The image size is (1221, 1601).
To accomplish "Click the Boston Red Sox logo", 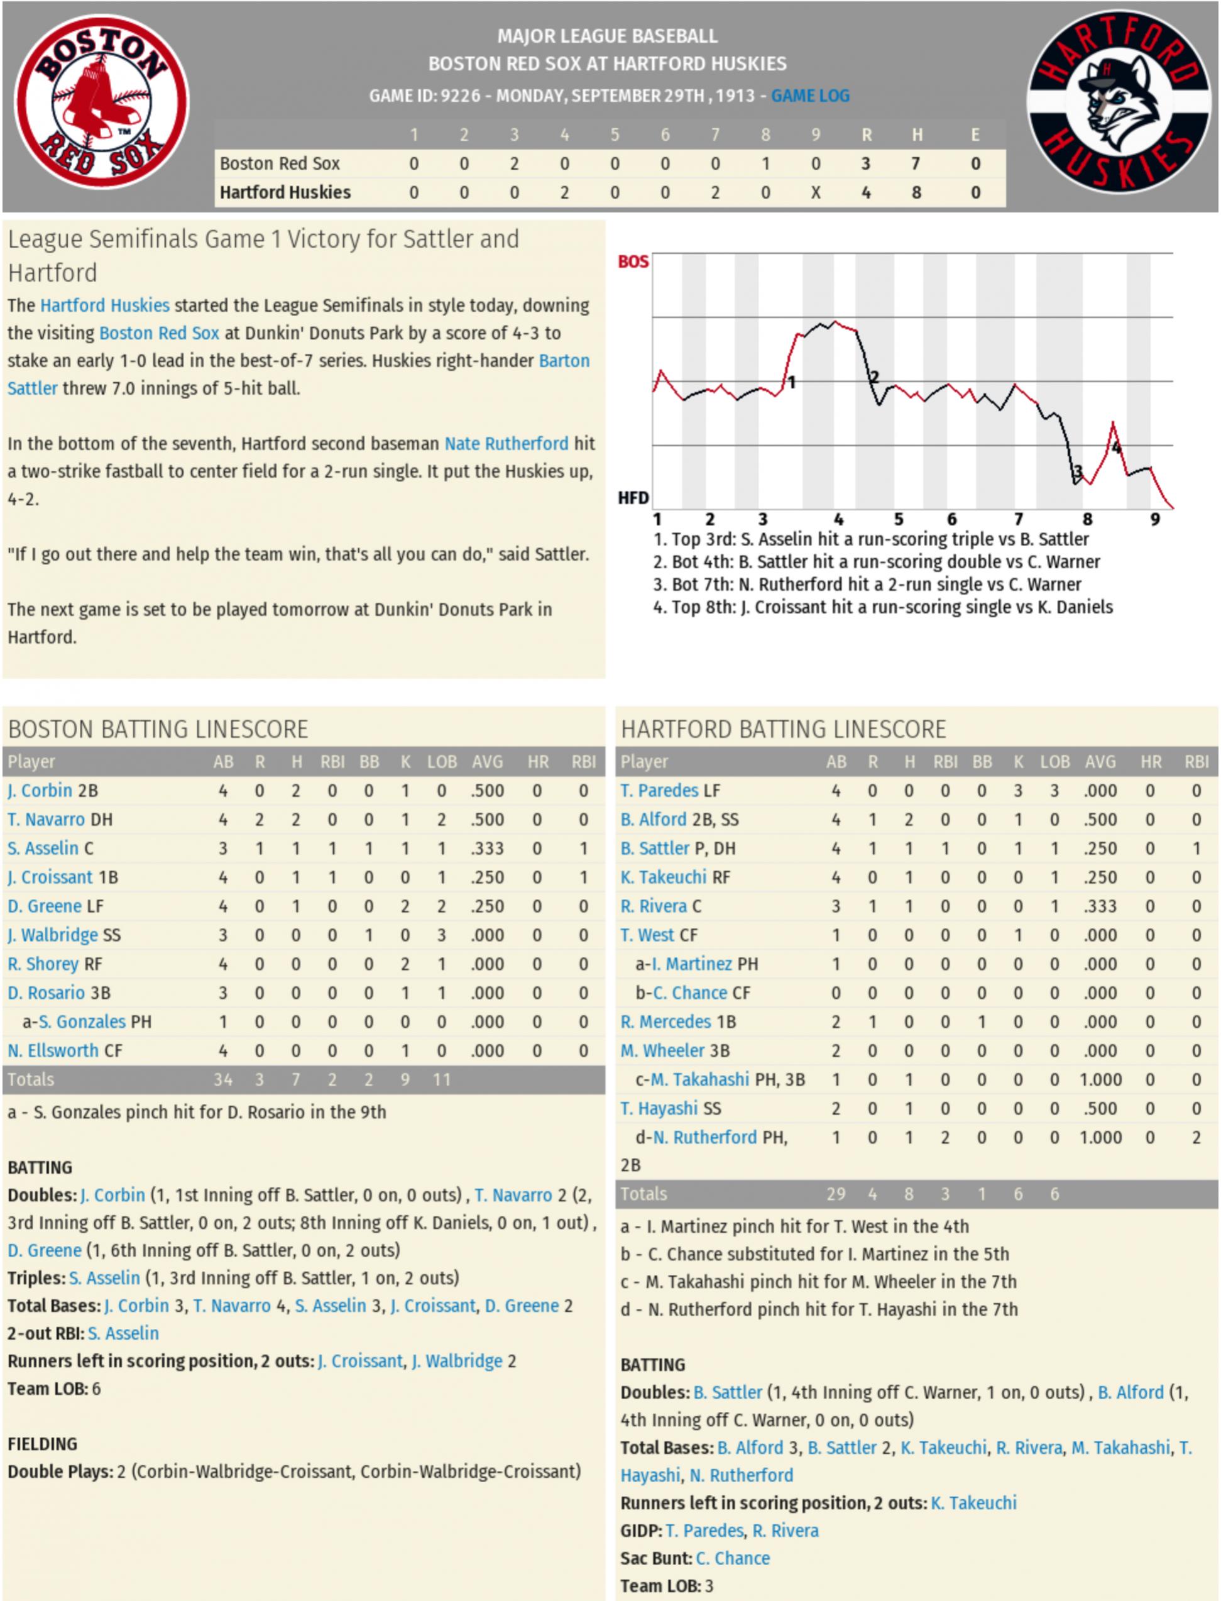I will point(102,102).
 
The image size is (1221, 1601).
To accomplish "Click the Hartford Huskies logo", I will point(1119,102).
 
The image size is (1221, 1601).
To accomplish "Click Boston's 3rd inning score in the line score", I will point(514,163).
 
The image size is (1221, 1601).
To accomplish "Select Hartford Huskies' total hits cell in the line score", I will point(916,193).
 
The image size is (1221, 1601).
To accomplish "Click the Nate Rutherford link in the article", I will point(506,444).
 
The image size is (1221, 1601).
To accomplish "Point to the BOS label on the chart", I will point(632,261).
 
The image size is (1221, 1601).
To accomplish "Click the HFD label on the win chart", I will point(632,498).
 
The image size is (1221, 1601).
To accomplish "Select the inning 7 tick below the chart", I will point(1018,519).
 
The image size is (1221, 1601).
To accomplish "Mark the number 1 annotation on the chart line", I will point(791,382).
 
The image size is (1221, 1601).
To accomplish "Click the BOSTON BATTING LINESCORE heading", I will point(158,729).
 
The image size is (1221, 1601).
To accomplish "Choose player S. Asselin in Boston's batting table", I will point(43,849).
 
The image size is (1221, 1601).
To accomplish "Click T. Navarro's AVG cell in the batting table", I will point(486,820).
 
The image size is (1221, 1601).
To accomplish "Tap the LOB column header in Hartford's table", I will point(1054,762).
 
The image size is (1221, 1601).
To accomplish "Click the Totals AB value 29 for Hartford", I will point(836,1194).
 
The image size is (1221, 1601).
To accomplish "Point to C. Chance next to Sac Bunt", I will point(733,1558).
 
